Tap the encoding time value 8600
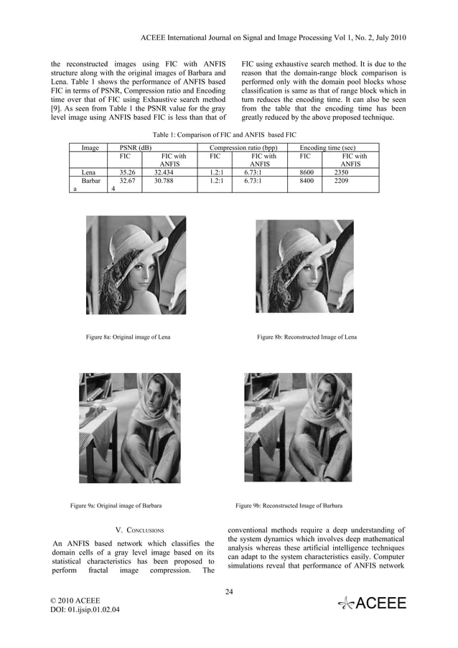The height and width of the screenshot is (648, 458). click(307, 173)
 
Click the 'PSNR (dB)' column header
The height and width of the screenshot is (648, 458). click(135, 147)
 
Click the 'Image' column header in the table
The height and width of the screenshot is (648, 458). click(90, 147)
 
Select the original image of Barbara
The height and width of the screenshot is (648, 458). click(130, 428)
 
